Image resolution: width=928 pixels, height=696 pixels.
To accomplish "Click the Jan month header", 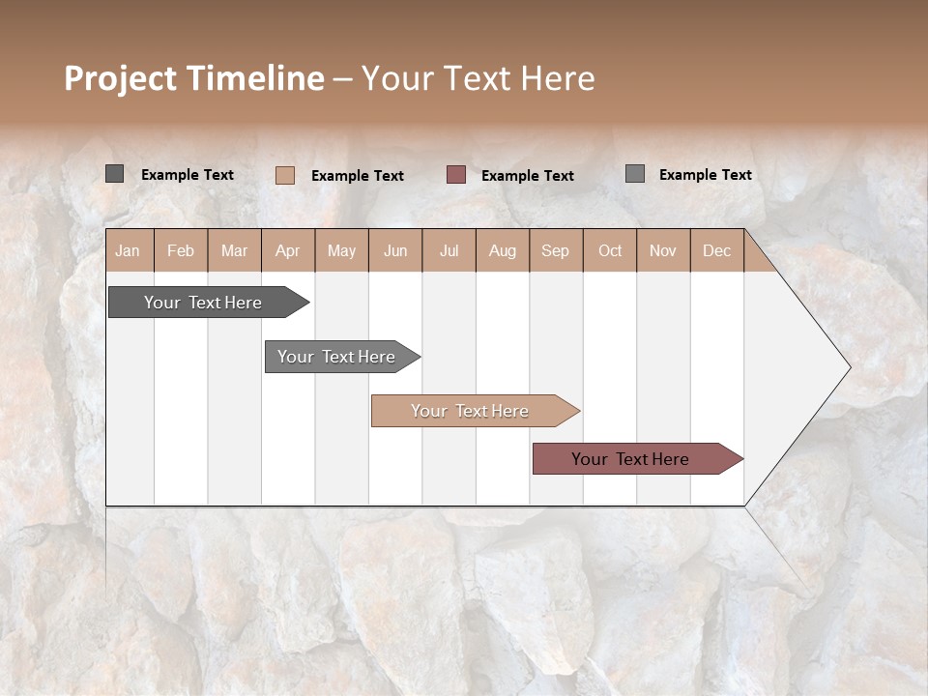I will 129,250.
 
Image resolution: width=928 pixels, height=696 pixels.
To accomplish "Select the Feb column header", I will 181,250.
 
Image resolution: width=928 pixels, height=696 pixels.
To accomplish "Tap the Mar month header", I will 234,250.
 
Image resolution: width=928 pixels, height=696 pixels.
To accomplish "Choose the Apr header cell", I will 288,250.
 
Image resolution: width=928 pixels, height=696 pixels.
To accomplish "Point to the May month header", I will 341,250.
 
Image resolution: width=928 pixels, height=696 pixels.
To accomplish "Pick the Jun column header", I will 395,250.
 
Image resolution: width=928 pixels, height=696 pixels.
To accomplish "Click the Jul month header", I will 449,250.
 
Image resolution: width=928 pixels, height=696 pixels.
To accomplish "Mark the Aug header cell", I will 503,250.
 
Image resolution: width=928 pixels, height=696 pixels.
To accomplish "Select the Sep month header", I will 556,250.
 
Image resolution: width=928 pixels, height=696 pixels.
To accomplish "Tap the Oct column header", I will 610,250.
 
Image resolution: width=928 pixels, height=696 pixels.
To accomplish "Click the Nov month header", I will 663,250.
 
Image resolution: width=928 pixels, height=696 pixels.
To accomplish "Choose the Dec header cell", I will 716,250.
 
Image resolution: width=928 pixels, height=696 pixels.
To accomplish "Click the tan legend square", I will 285,175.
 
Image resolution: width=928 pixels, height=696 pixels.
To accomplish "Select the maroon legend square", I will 456,174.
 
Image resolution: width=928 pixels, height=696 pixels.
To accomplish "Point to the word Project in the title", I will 120,78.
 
